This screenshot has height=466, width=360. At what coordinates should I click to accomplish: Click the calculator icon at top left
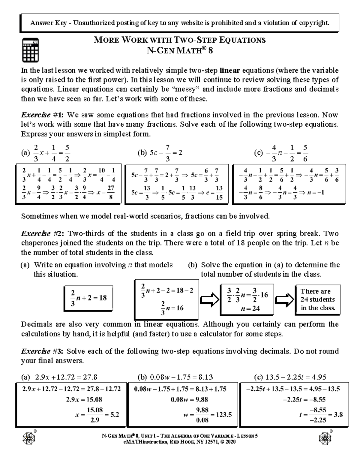pyautogui.click(x=30, y=50)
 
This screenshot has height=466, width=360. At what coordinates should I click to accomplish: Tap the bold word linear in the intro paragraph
pyautogui.click(x=230, y=71)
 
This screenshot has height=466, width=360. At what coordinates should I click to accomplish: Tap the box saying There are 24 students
pyautogui.click(x=318, y=299)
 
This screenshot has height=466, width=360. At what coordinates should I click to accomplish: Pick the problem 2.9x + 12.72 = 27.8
pyautogui.click(x=66, y=377)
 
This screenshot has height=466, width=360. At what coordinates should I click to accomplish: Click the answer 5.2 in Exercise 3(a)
pyautogui.click(x=115, y=415)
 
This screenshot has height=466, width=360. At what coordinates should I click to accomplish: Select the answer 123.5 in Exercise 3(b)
pyautogui.click(x=224, y=415)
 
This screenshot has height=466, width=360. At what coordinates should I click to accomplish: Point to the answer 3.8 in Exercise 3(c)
pyautogui.click(x=338, y=415)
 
